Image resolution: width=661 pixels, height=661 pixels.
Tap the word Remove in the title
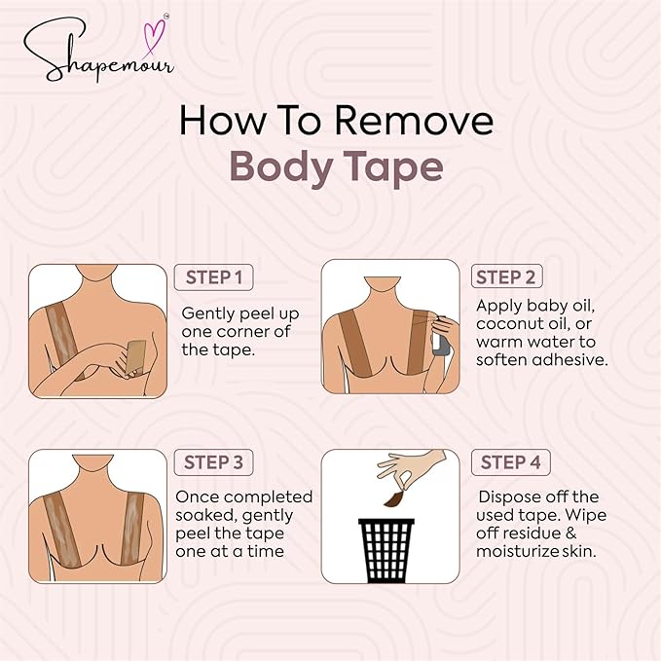414,121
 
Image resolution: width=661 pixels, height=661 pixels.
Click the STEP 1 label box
214,277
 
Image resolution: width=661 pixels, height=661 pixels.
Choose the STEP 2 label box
507,276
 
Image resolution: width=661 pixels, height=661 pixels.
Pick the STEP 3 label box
214,462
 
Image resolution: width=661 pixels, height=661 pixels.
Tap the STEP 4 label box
510,462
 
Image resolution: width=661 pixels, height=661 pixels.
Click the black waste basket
386,551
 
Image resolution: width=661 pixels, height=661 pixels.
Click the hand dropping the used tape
411,468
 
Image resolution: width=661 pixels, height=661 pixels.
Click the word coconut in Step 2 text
510,324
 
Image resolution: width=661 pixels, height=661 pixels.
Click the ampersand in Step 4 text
570,532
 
